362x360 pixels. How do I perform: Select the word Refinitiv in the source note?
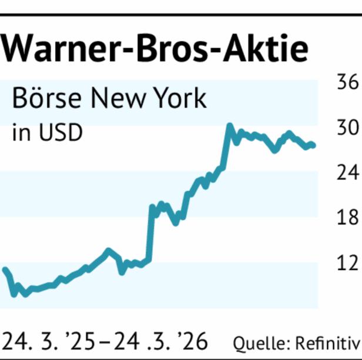tap(327, 343)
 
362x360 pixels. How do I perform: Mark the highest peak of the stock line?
tap(229, 125)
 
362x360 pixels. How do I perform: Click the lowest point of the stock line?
tap(13, 292)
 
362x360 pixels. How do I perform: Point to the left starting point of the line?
tap(5, 269)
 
